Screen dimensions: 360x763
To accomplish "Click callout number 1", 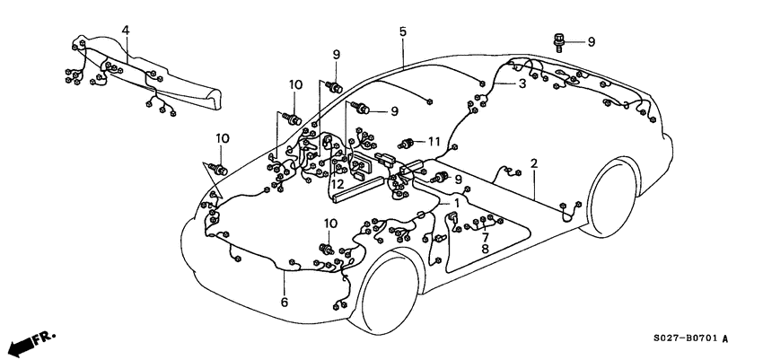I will (x=456, y=204).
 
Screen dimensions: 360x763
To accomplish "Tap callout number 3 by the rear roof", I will (x=522, y=83).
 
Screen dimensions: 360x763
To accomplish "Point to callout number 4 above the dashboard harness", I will (x=126, y=31).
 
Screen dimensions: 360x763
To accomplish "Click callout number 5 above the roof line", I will (x=403, y=31).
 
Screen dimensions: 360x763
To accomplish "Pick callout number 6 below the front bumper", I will (x=285, y=303).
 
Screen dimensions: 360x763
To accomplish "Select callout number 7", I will (x=485, y=236).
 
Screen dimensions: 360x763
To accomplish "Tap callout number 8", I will (x=485, y=250).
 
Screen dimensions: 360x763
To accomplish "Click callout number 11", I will (x=435, y=141).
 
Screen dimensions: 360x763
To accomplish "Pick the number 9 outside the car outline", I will (x=592, y=41).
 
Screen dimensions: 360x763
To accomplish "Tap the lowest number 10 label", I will (x=330, y=223).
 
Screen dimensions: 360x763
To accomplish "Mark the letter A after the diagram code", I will (x=724, y=339).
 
